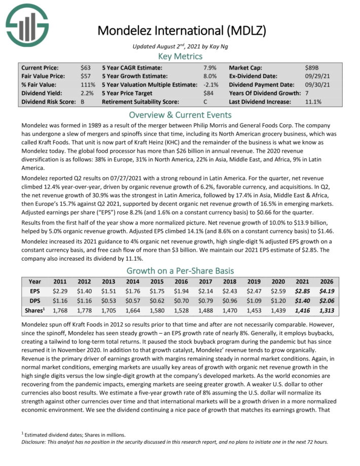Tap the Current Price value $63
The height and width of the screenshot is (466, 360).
click(x=86, y=68)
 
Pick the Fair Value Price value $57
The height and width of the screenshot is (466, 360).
click(x=86, y=76)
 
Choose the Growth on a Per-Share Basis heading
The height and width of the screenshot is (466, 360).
click(x=180, y=270)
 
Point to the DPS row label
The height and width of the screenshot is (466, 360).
click(x=34, y=301)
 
